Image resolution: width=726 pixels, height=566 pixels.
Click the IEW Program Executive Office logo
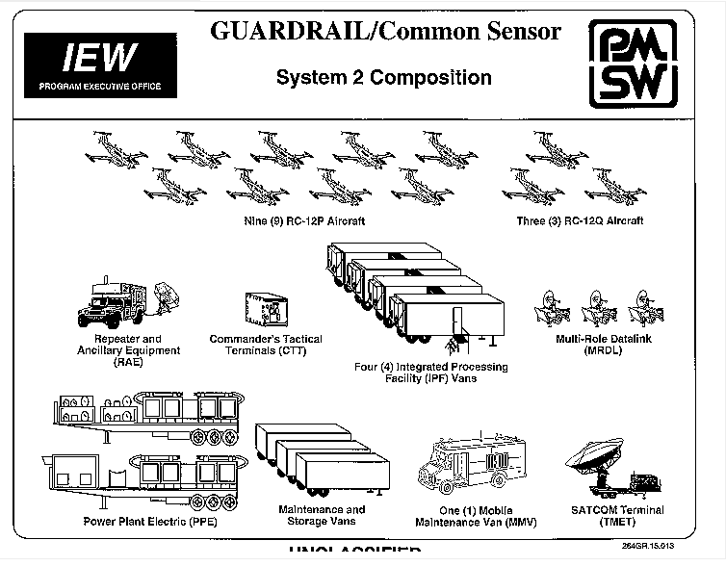100,64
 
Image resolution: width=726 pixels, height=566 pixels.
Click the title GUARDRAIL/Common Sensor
385,31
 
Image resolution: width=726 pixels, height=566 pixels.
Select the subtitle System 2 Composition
383,78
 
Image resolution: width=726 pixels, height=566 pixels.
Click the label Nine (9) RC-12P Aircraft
305,221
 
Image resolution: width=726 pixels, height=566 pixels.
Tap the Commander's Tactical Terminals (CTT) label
266,345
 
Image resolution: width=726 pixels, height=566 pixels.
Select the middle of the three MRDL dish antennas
597,307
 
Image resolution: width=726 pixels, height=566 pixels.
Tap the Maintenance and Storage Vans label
322,515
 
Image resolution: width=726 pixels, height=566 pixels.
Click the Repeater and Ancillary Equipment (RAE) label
126,350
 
